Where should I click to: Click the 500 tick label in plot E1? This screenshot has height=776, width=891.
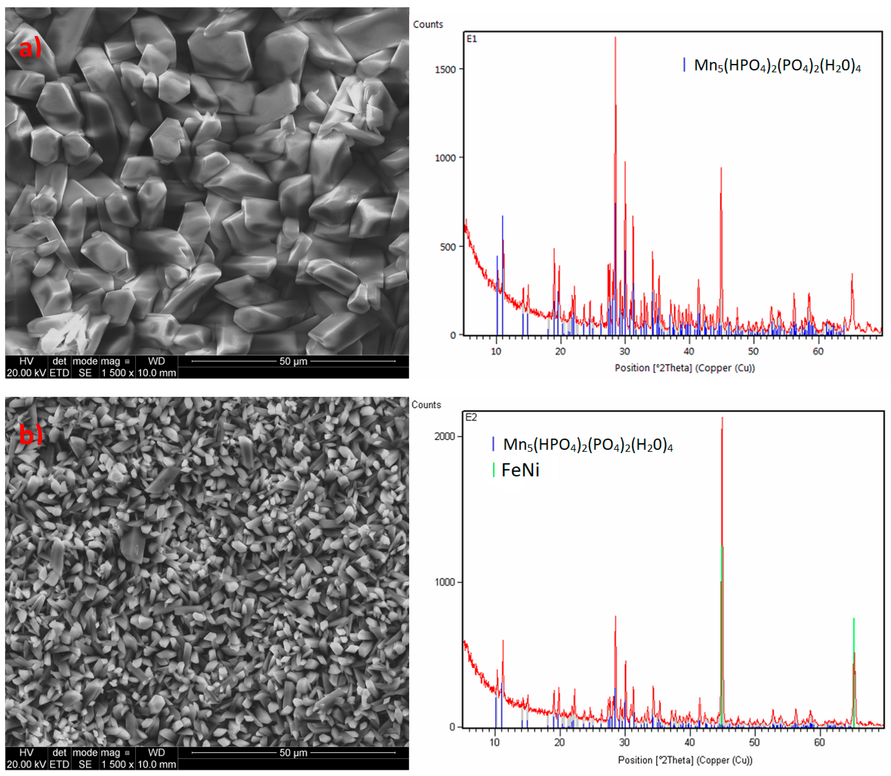(x=448, y=247)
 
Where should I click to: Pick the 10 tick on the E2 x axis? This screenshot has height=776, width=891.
(x=494, y=742)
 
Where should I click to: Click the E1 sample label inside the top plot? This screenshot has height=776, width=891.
(x=471, y=39)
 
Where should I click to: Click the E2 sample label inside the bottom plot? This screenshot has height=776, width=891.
(x=471, y=417)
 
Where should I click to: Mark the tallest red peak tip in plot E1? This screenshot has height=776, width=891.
(x=615, y=38)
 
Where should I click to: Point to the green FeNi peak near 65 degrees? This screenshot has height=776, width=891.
(x=854, y=619)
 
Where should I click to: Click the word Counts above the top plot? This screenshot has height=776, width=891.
(x=428, y=24)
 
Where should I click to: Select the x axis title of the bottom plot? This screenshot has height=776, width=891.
(x=685, y=760)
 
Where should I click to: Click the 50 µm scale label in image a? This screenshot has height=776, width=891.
(x=293, y=361)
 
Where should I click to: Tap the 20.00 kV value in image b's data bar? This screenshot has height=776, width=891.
(x=26, y=764)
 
